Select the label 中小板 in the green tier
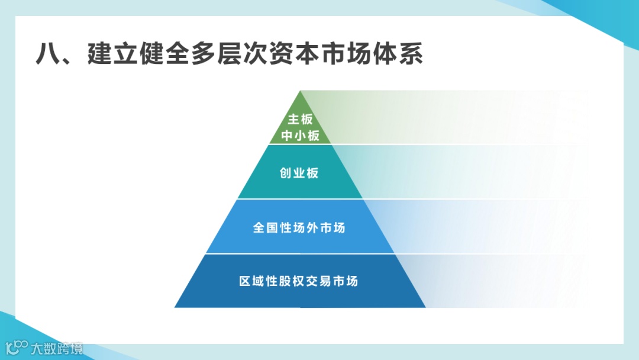click(300, 136)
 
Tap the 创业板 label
click(299, 173)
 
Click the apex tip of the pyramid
click(301, 92)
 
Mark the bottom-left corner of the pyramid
click(176, 307)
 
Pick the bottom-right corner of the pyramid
click(425, 307)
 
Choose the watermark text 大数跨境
click(57, 348)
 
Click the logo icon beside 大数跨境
click(17, 348)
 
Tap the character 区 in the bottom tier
click(246, 281)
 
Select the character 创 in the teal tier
click(286, 173)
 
